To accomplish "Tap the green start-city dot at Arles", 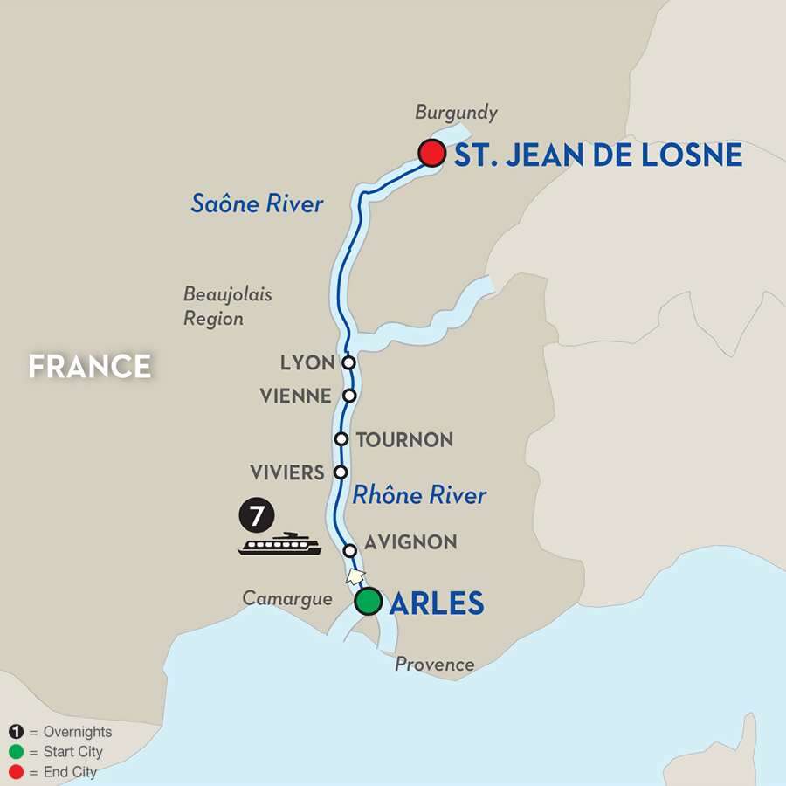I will (x=369, y=602).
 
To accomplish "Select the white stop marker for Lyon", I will (x=348, y=362).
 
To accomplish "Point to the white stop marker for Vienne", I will (x=349, y=396).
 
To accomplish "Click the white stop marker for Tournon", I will (x=342, y=439).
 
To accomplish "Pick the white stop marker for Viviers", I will (x=341, y=472).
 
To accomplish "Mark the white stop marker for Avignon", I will (x=349, y=551).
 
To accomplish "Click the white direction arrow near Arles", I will (x=355, y=576).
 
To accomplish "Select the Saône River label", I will (x=258, y=204).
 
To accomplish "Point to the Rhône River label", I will (x=419, y=495).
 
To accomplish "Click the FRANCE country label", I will (x=90, y=366).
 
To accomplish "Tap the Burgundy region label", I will (x=456, y=113).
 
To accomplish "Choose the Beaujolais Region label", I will (x=227, y=307).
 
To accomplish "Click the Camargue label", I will (x=287, y=599).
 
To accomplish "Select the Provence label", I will (x=435, y=665).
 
